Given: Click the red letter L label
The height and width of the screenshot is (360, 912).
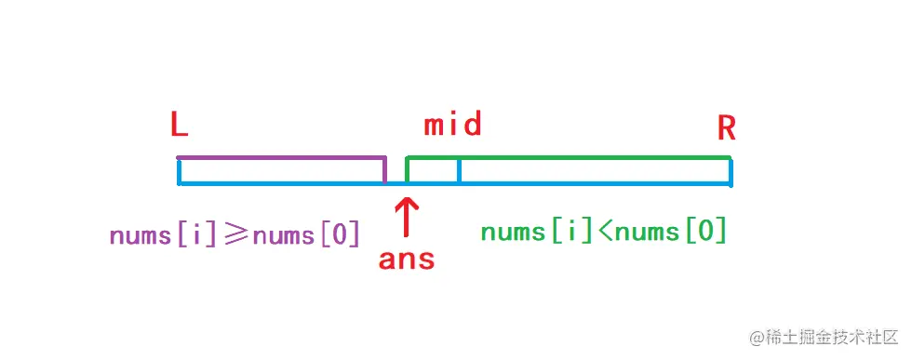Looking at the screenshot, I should (180, 126).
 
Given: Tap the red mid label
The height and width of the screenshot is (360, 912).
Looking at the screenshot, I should (453, 125).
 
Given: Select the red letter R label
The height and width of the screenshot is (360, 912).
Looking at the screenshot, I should (727, 128).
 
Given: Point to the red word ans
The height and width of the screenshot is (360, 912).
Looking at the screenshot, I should (407, 259).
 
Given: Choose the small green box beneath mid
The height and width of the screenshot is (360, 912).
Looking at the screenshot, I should (433, 170).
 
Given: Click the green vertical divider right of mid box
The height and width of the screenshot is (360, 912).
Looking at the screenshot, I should (459, 170).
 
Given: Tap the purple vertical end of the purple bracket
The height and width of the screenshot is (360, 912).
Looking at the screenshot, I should (385, 168).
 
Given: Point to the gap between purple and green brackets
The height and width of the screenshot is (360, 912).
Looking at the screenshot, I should (396, 170).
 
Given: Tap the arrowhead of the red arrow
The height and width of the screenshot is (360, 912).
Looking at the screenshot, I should (407, 201).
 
